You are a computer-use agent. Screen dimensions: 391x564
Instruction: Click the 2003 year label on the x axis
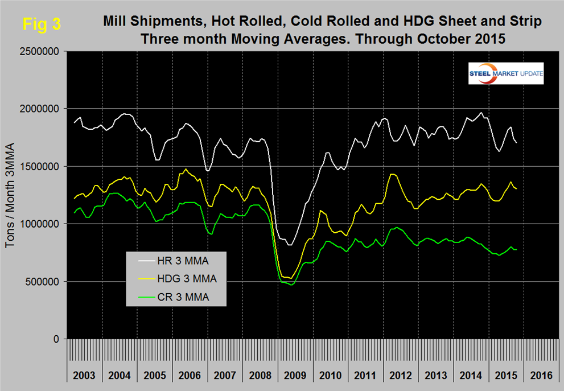pyautogui.click(x=85, y=376)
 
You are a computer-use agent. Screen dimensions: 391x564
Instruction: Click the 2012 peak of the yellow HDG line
pyautogui.click(x=392, y=174)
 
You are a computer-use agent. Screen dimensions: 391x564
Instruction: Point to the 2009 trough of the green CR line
pyautogui.click(x=292, y=285)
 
